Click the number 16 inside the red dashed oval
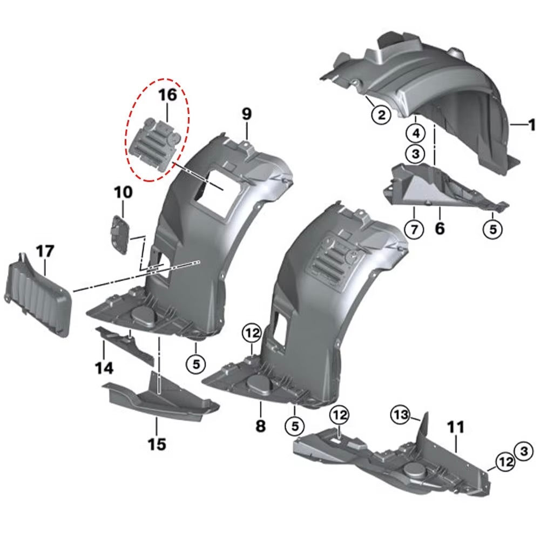coord(167,94)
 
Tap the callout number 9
coord(247,113)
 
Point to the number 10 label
coord(123,192)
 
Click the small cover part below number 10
coord(120,234)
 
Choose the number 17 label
coord(45,251)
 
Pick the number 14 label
coord(104,368)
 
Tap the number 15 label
coord(157,444)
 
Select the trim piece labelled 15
coord(160,399)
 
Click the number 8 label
coord(260,426)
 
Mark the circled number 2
coord(381,114)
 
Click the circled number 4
coord(416,133)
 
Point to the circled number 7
coord(414,228)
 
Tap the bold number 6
coord(440,228)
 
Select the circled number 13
coord(401,415)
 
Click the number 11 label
coord(456,427)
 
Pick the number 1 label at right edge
coord(532,125)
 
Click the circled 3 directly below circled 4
coord(416,153)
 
